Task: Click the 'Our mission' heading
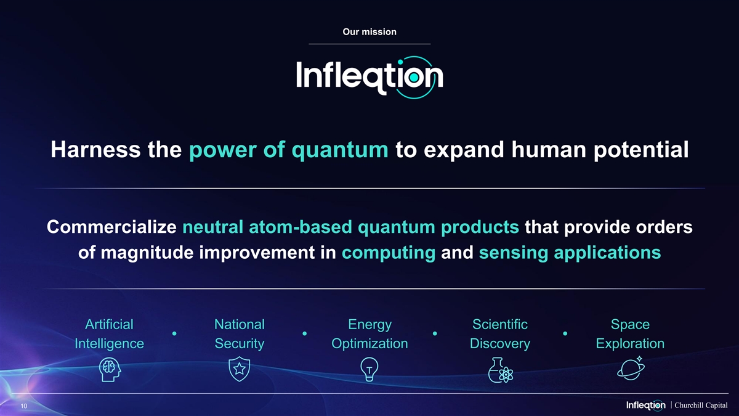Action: (x=369, y=31)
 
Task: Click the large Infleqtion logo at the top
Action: (x=369, y=77)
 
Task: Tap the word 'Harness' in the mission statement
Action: (x=95, y=150)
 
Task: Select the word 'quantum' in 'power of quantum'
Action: (x=340, y=151)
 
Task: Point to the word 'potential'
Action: (x=641, y=150)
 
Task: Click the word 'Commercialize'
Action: (x=111, y=227)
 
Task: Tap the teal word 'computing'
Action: (x=389, y=253)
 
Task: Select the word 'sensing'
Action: (x=514, y=253)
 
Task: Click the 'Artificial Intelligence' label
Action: (x=109, y=334)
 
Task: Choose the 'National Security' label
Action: (x=240, y=334)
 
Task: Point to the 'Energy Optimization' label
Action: (x=369, y=334)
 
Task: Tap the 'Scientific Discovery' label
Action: (x=500, y=334)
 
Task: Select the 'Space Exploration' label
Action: (x=630, y=334)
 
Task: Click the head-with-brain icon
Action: (x=110, y=370)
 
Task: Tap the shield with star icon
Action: (x=240, y=369)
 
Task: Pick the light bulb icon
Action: (x=369, y=369)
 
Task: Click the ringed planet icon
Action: (x=631, y=369)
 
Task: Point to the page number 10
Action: (x=24, y=406)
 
